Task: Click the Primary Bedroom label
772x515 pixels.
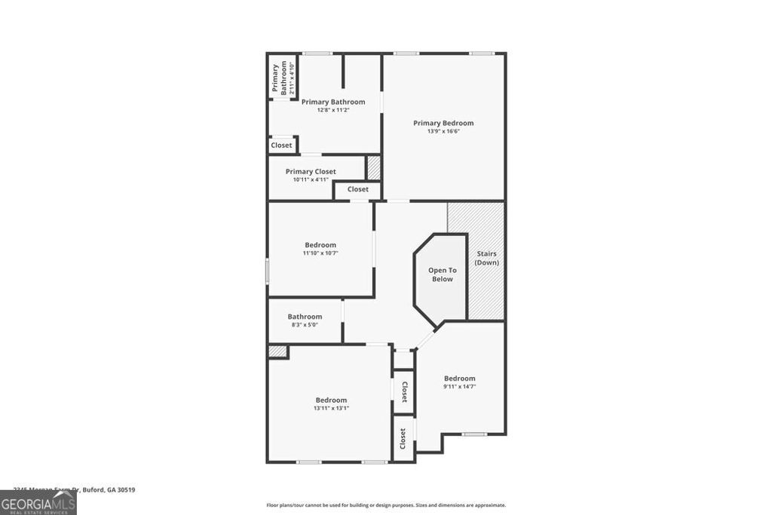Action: pyautogui.click(x=443, y=123)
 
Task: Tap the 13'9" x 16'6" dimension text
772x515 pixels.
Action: pyautogui.click(x=443, y=131)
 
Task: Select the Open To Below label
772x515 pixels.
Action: pyautogui.click(x=443, y=274)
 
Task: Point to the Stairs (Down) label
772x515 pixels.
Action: pyautogui.click(x=486, y=258)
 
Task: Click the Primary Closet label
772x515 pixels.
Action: pyautogui.click(x=311, y=172)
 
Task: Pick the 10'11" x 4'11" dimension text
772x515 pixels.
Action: pyautogui.click(x=311, y=179)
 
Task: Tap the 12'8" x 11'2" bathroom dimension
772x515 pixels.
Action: pyautogui.click(x=333, y=110)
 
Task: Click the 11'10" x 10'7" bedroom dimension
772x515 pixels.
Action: pyautogui.click(x=320, y=253)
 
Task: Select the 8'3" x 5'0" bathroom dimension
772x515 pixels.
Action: pyautogui.click(x=305, y=325)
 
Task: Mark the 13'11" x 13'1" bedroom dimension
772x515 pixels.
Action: pyautogui.click(x=331, y=408)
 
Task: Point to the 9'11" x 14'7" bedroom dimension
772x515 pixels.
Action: pyautogui.click(x=459, y=386)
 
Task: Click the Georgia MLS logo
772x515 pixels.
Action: pyautogui.click(x=38, y=503)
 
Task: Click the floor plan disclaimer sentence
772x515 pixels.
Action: pyautogui.click(x=386, y=505)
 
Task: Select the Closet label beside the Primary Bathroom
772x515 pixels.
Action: pyautogui.click(x=281, y=145)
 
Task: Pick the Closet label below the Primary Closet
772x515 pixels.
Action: pyautogui.click(x=358, y=189)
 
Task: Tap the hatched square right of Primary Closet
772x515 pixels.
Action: pyautogui.click(x=374, y=167)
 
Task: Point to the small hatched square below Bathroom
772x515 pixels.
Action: pyautogui.click(x=277, y=351)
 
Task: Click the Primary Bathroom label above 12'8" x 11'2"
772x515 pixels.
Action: pyautogui.click(x=333, y=102)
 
